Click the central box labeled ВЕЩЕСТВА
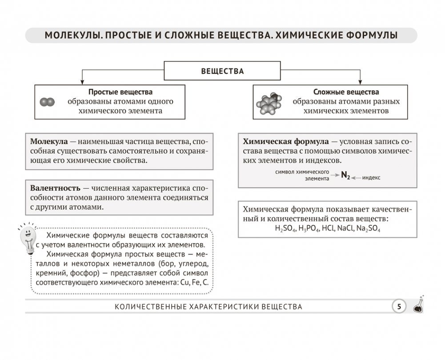[222, 71]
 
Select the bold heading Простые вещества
[120, 92]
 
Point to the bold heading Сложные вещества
[346, 92]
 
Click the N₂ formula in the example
[345, 176]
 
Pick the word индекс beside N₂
[371, 177]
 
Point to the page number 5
[399, 306]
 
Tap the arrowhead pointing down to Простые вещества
[82, 82]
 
